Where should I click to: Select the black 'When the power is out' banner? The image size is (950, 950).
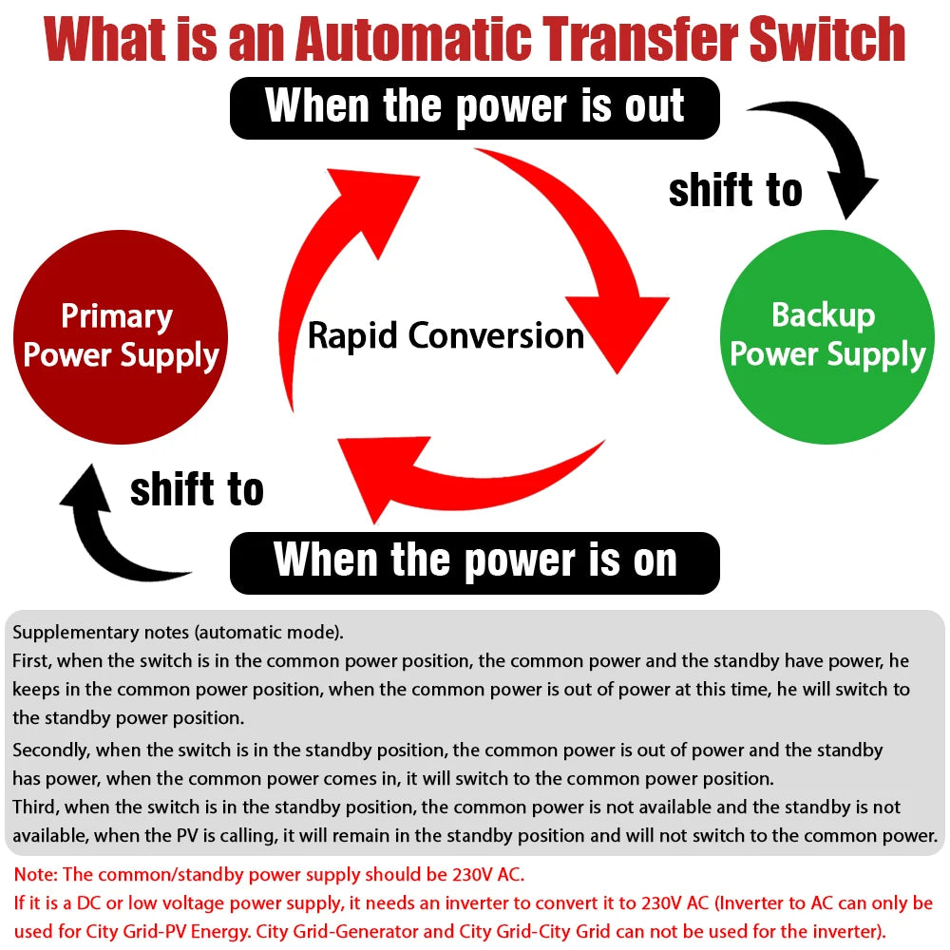point(475,106)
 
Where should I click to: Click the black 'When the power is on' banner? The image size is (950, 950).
point(475,560)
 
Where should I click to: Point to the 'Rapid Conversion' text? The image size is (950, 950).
point(446,335)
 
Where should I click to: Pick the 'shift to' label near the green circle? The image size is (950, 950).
point(735,190)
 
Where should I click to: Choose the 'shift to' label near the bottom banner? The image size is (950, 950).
point(197,490)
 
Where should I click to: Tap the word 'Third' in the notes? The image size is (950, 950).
point(34,807)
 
